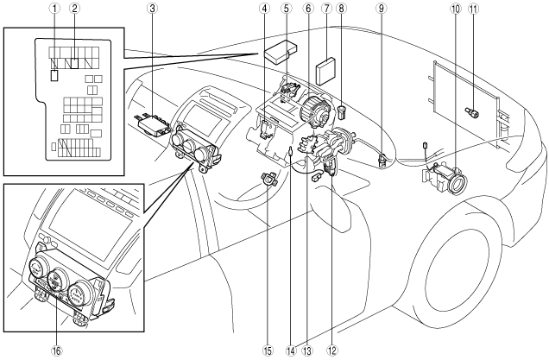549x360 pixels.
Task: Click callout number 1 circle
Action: click(x=54, y=9)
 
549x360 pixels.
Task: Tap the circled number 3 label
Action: click(x=152, y=9)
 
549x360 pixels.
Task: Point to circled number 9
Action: click(x=382, y=9)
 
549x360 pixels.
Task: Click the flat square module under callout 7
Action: click(x=326, y=72)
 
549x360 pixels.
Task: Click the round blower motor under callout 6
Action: click(x=316, y=110)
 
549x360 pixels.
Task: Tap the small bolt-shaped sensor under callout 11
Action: click(x=472, y=113)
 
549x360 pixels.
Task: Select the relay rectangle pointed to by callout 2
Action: click(x=74, y=63)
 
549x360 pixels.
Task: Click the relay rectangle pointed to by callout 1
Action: click(x=54, y=76)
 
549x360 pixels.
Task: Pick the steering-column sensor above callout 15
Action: click(x=269, y=179)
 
